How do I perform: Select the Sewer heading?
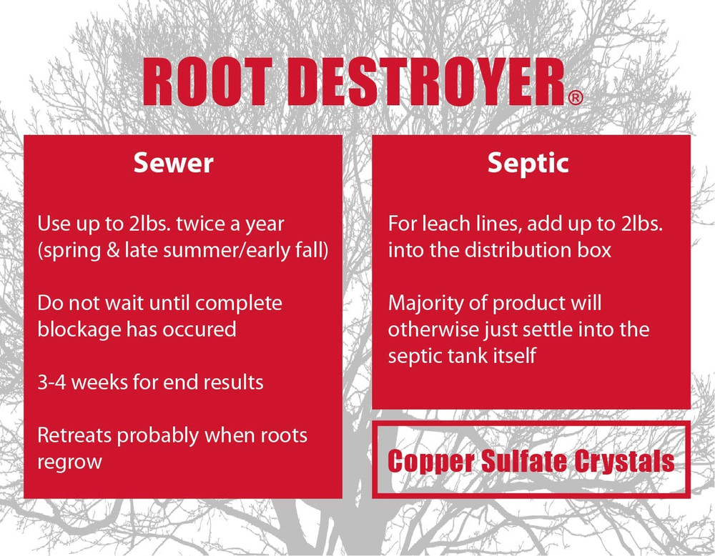click(174, 164)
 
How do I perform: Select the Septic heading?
click(528, 164)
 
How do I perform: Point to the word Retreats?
click(75, 435)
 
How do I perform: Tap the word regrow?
click(69, 461)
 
